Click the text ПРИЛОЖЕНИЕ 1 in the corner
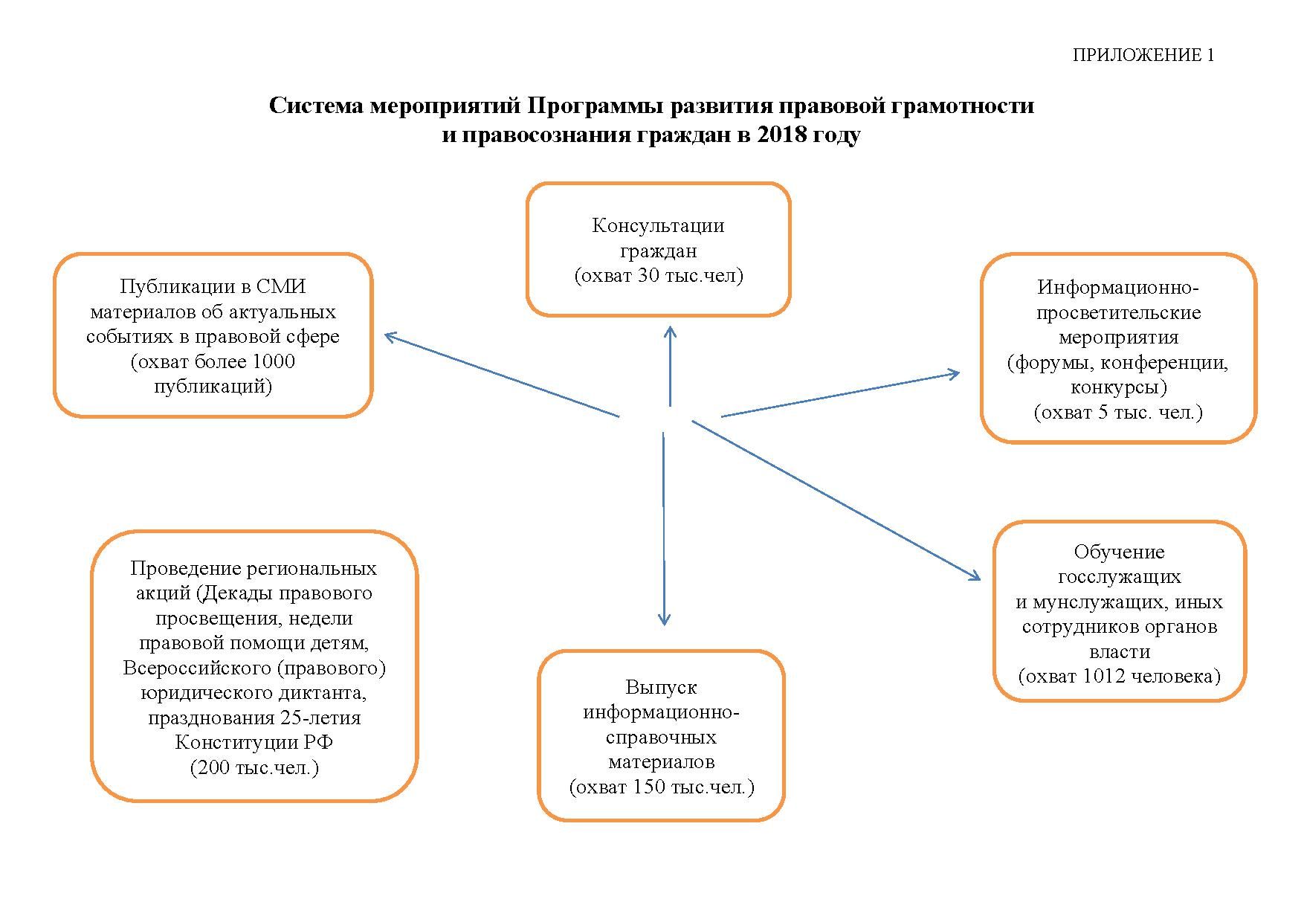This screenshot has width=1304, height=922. click(1143, 55)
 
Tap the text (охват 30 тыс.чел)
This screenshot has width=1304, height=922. click(659, 276)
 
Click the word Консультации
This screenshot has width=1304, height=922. click(658, 225)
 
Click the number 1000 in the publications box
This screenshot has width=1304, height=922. click(274, 362)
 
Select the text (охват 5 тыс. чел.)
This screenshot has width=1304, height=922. click(1118, 413)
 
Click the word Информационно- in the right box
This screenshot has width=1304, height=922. click(1119, 287)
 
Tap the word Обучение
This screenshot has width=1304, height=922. click(1119, 552)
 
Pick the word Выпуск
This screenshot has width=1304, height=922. click(661, 687)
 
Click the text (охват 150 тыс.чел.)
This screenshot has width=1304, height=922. click(662, 787)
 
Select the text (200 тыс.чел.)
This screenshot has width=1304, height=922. click(254, 768)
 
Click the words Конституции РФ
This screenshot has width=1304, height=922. click(254, 743)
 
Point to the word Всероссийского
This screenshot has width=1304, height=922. click(196, 668)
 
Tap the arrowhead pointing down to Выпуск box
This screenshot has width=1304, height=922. click(665, 620)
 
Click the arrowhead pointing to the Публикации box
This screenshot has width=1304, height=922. click(389, 337)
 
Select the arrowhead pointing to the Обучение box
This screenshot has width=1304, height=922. click(975, 576)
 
